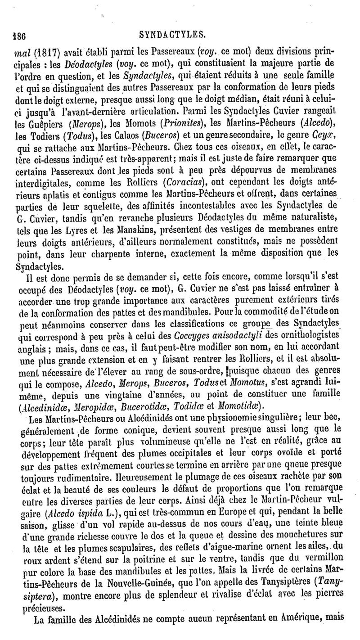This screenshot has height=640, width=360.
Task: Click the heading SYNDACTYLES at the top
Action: pyautogui.click(x=180, y=33)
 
